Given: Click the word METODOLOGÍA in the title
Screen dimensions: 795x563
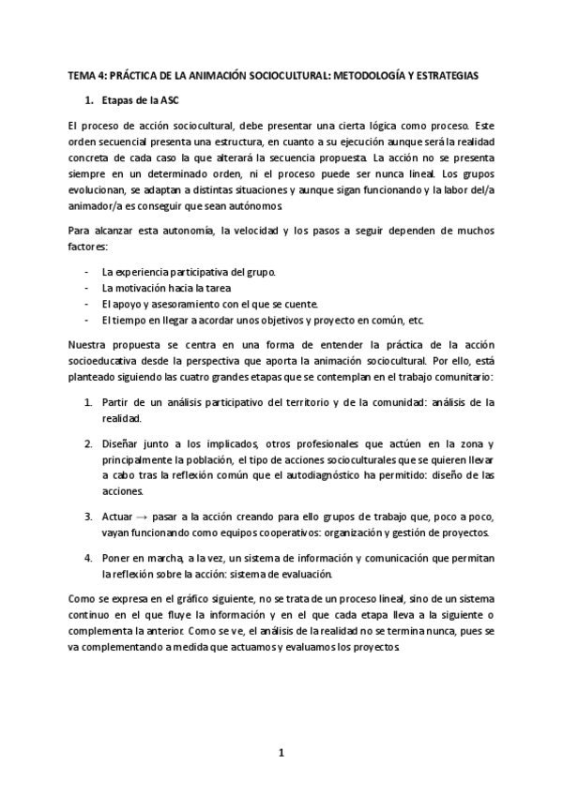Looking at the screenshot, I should (367, 75).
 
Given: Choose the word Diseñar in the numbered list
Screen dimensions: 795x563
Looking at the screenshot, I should (121, 442).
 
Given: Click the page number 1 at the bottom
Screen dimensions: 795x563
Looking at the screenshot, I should (281, 751).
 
